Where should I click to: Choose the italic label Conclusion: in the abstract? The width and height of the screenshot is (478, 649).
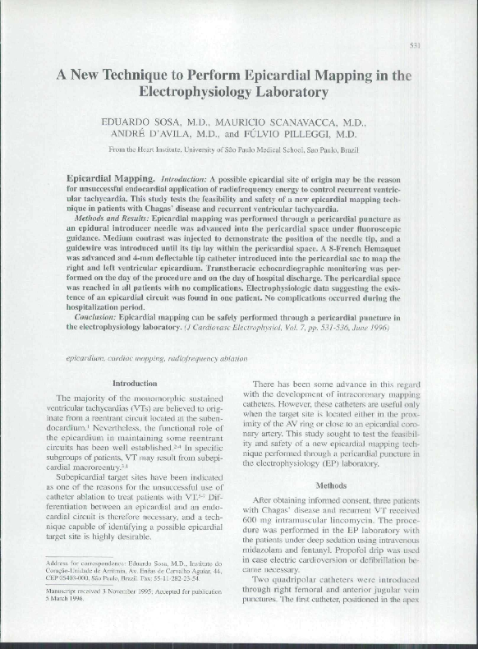pyautogui.click(x=101, y=315)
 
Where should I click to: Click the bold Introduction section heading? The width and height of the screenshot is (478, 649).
pyautogui.click(x=134, y=384)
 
